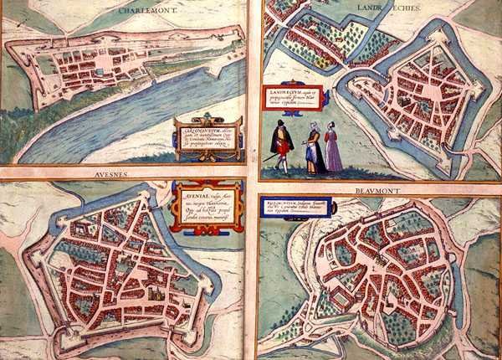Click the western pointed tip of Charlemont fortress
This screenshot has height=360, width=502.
(x=8, y=50)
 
